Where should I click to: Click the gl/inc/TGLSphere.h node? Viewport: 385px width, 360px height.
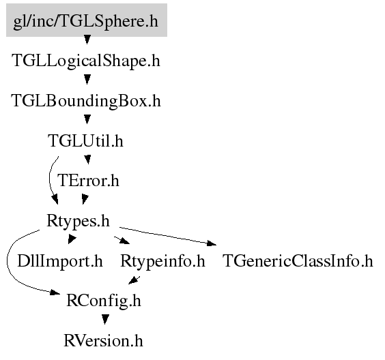coord(87,20)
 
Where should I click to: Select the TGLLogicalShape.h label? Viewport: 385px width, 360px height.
coord(86,61)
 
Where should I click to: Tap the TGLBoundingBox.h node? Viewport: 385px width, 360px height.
coord(86,101)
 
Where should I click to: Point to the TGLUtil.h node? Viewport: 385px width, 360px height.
coord(85,140)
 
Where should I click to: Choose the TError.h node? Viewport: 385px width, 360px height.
coord(88,181)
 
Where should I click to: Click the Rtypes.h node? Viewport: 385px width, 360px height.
coord(78,221)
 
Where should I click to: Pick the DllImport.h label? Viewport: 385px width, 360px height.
coord(60,261)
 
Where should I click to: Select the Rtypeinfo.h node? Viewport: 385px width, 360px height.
coord(162,261)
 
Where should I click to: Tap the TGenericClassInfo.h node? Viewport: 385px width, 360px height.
coord(298,261)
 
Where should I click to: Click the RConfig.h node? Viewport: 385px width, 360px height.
coord(104,301)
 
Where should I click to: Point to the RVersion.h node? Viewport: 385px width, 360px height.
coord(103,341)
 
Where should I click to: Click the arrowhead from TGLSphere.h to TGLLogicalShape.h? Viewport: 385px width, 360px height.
coord(87,40)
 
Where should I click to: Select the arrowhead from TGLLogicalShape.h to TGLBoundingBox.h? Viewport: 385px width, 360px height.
coord(87,80)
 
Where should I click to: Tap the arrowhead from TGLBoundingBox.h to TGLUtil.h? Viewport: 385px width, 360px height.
coord(87,120)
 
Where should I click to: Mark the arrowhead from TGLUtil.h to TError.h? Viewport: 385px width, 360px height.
coord(87,160)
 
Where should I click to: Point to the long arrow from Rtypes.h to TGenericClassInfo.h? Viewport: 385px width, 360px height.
coord(168,236)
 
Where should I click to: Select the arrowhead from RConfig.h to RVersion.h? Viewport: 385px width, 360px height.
coord(105,320)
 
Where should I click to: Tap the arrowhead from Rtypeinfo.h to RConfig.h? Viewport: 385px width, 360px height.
coord(133,280)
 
